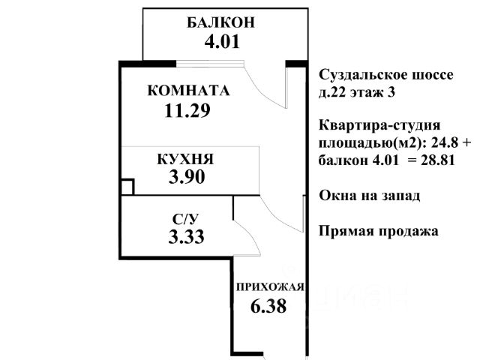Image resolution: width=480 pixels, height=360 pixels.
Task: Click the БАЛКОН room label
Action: click(x=220, y=22)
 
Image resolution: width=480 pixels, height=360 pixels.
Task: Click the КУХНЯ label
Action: click(x=185, y=159)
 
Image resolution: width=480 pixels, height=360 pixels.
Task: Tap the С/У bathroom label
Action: click(x=185, y=220)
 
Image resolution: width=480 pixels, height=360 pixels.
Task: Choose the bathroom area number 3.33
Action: click(x=187, y=238)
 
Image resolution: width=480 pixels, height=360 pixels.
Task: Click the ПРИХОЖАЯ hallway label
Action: click(x=269, y=286)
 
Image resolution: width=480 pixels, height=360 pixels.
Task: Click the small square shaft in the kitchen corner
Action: click(x=127, y=187)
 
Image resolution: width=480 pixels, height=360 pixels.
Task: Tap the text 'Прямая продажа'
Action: click(x=378, y=231)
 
